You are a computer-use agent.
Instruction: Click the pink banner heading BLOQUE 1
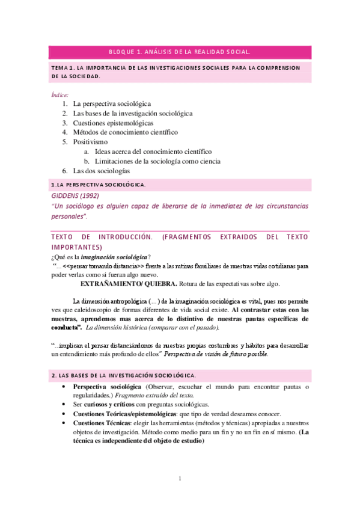pos(180,52)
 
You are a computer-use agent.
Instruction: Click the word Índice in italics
pos(60,94)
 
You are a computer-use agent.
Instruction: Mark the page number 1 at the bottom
pos(180,478)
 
